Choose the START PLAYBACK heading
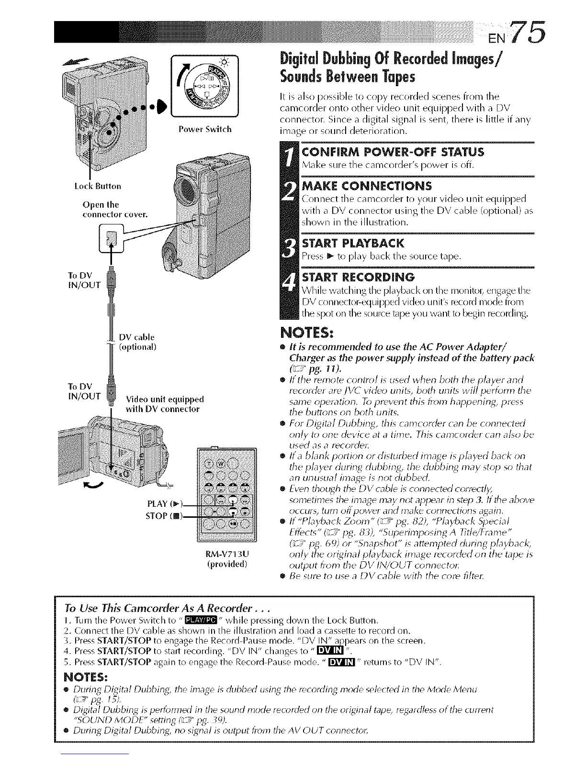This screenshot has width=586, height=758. [353, 243]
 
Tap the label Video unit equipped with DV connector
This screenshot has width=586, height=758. [163, 404]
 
